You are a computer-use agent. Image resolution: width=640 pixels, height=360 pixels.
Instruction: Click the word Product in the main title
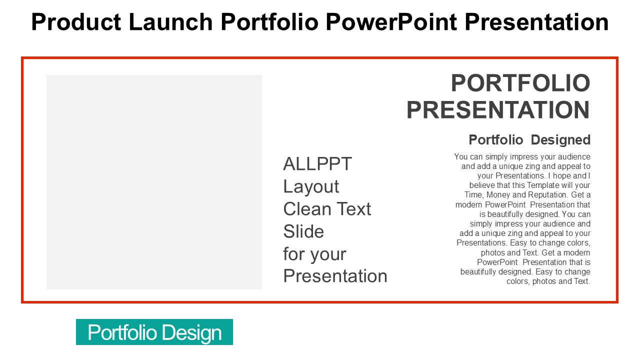(x=76, y=22)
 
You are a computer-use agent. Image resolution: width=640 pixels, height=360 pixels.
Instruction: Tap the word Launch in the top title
(x=170, y=22)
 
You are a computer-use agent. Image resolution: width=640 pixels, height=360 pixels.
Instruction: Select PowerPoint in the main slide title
(x=391, y=22)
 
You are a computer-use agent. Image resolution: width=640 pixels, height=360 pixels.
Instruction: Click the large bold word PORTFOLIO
(x=520, y=83)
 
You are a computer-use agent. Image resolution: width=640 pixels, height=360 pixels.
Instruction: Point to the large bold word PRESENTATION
(x=498, y=110)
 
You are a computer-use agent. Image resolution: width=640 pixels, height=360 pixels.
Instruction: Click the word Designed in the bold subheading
(x=560, y=140)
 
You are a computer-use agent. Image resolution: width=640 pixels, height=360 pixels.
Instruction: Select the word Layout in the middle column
(x=311, y=187)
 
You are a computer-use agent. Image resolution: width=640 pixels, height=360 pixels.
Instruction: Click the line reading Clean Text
(x=327, y=208)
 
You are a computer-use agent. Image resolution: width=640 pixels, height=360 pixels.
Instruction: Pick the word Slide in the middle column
(x=303, y=231)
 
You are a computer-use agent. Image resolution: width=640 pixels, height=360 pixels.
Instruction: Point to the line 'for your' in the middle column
(x=314, y=254)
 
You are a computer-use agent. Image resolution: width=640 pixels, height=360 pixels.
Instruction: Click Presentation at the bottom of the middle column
(x=335, y=276)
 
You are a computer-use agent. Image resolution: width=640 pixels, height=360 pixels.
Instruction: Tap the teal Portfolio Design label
(x=154, y=332)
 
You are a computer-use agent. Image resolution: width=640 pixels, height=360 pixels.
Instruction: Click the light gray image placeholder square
(x=154, y=182)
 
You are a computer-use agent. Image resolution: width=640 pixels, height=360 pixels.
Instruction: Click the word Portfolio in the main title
(x=269, y=22)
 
